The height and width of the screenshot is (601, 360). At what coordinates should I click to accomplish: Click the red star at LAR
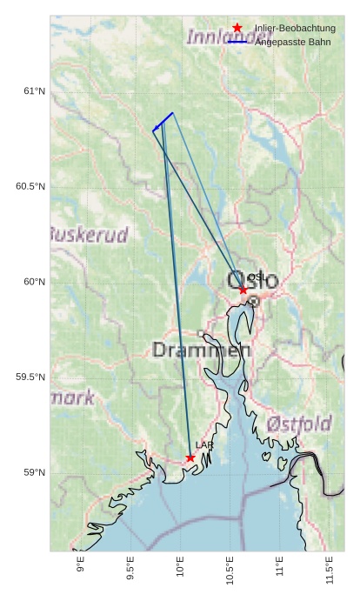pos(190,457)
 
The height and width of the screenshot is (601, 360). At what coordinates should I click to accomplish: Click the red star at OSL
pos(243,290)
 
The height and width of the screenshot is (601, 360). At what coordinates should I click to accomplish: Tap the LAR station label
pos(204,445)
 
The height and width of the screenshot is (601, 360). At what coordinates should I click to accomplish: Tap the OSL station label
pos(257,277)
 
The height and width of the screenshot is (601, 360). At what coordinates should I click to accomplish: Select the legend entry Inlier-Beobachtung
pos(294,29)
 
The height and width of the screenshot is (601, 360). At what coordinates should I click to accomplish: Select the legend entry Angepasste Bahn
pos(292,42)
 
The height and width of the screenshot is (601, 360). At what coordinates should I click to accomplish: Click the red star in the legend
pos(237,29)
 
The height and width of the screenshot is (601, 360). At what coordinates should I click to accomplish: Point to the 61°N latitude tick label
pos(34,91)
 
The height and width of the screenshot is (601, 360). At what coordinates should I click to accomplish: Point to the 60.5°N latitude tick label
pos(30,187)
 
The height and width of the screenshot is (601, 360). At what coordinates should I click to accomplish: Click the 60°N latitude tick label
pos(34,282)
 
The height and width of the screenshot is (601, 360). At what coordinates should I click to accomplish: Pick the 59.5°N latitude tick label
pos(30,377)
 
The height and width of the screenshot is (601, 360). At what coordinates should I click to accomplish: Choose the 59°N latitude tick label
pos(34,473)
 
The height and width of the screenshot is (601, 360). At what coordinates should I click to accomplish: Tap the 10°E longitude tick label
pos(181,570)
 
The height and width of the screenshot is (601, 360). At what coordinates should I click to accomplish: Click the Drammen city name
pos(201,351)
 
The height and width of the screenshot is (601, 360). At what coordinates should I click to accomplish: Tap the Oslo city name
pos(253,281)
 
